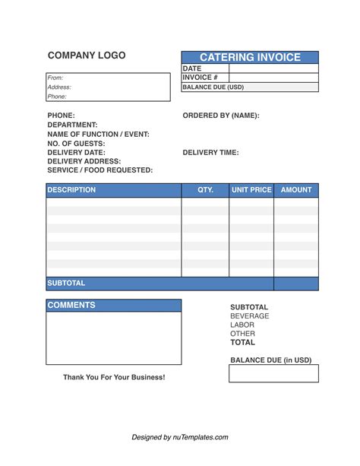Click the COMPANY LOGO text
87,55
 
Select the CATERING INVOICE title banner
250,58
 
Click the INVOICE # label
201,78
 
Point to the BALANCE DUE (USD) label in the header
213,87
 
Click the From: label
55,78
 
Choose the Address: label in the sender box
58,87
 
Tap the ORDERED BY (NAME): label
221,116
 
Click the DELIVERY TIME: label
210,152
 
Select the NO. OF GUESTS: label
76,143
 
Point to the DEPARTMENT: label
72,125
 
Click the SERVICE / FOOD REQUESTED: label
99,170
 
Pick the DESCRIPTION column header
71,190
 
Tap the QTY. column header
205,190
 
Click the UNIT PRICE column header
251,190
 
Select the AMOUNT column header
296,190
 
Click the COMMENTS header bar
114,306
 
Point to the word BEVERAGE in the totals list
249,315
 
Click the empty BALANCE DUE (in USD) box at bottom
273,373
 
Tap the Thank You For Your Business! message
114,377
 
